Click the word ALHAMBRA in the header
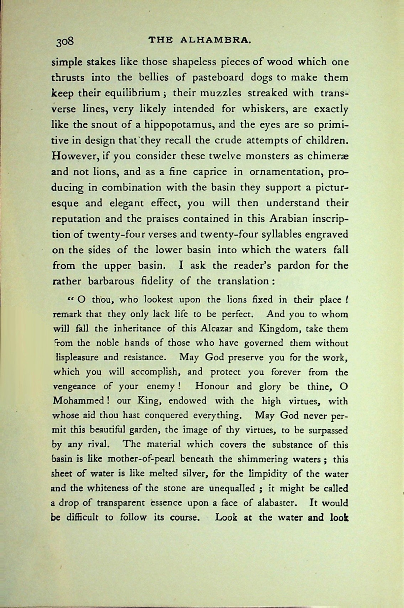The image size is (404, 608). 216,40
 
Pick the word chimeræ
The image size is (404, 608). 328,156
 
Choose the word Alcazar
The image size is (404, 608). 217,328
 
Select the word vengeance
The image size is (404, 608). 74,387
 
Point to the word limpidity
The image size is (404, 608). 270,474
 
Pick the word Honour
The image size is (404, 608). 213,386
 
